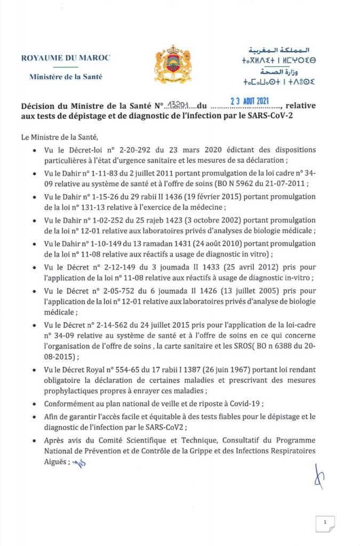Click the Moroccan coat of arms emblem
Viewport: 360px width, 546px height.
pos(172,63)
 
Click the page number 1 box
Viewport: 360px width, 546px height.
pos(325,523)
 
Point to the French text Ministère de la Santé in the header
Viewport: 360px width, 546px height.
pos(66,76)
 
